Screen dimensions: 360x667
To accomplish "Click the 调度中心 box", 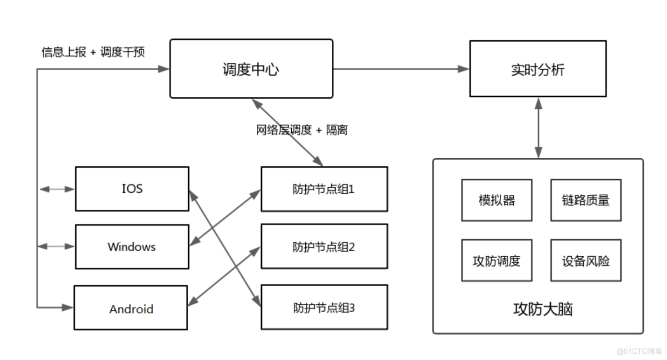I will click(251, 69).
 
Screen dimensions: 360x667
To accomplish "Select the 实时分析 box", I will click(537, 69).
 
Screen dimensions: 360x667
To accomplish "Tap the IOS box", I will click(132, 189).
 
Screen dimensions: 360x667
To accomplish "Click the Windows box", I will click(132, 247).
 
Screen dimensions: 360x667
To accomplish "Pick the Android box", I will click(131, 308).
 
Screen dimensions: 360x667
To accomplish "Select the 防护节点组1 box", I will click(324, 189).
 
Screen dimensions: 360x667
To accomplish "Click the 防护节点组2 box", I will click(324, 247).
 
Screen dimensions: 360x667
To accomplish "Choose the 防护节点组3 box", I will click(324, 308).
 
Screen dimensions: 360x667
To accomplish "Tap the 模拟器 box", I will click(496, 200).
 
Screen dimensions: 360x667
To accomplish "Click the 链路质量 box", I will click(585, 200).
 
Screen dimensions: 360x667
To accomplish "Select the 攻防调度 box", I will click(496, 261).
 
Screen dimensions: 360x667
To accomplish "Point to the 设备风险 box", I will click(585, 261).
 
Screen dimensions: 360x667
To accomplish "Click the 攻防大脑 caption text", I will click(537, 309).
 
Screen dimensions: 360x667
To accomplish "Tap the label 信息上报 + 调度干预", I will click(93, 52).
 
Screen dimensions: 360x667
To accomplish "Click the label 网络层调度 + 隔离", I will click(302, 130).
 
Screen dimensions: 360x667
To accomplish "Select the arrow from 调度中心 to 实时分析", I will click(401, 69).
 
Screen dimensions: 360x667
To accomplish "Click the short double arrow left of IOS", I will click(56, 189).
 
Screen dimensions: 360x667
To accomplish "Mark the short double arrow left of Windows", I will click(56, 246).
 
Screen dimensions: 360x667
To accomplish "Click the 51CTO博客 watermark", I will click(639, 352).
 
